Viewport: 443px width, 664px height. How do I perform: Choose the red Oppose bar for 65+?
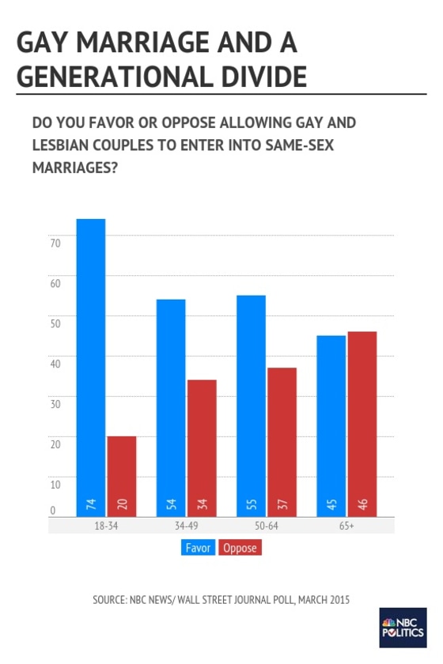tap(362, 424)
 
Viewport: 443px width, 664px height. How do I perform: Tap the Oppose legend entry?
tap(241, 547)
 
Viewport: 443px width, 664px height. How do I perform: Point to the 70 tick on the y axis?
tap(55, 243)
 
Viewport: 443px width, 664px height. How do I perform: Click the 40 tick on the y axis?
tap(55, 364)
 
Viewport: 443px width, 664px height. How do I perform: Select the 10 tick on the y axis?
tap(55, 484)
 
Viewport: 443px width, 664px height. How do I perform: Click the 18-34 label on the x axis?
tap(107, 526)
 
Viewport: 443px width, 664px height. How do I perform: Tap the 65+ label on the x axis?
tap(346, 526)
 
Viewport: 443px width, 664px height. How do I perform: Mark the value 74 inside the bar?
tap(91, 504)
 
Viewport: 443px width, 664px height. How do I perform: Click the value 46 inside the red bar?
tap(362, 504)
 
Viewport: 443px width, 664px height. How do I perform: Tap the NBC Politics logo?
tap(403, 628)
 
